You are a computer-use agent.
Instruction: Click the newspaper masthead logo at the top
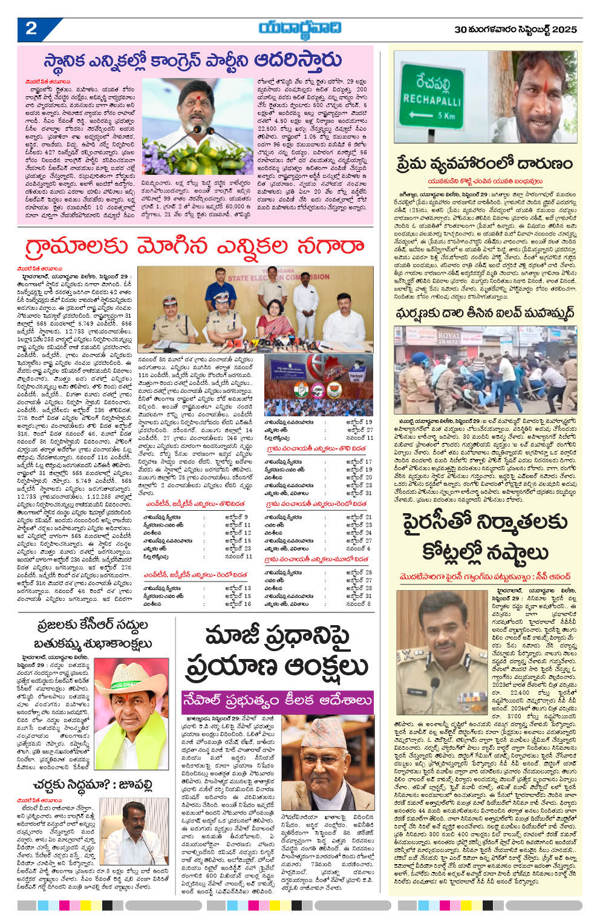pyautogui.click(x=299, y=28)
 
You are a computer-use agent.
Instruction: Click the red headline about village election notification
pyautogui.click(x=194, y=248)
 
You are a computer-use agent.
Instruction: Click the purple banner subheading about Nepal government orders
pyautogui.click(x=278, y=700)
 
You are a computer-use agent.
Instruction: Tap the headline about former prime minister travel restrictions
pyautogui.click(x=276, y=651)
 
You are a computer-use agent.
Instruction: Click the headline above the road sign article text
pyautogui.click(x=484, y=163)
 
